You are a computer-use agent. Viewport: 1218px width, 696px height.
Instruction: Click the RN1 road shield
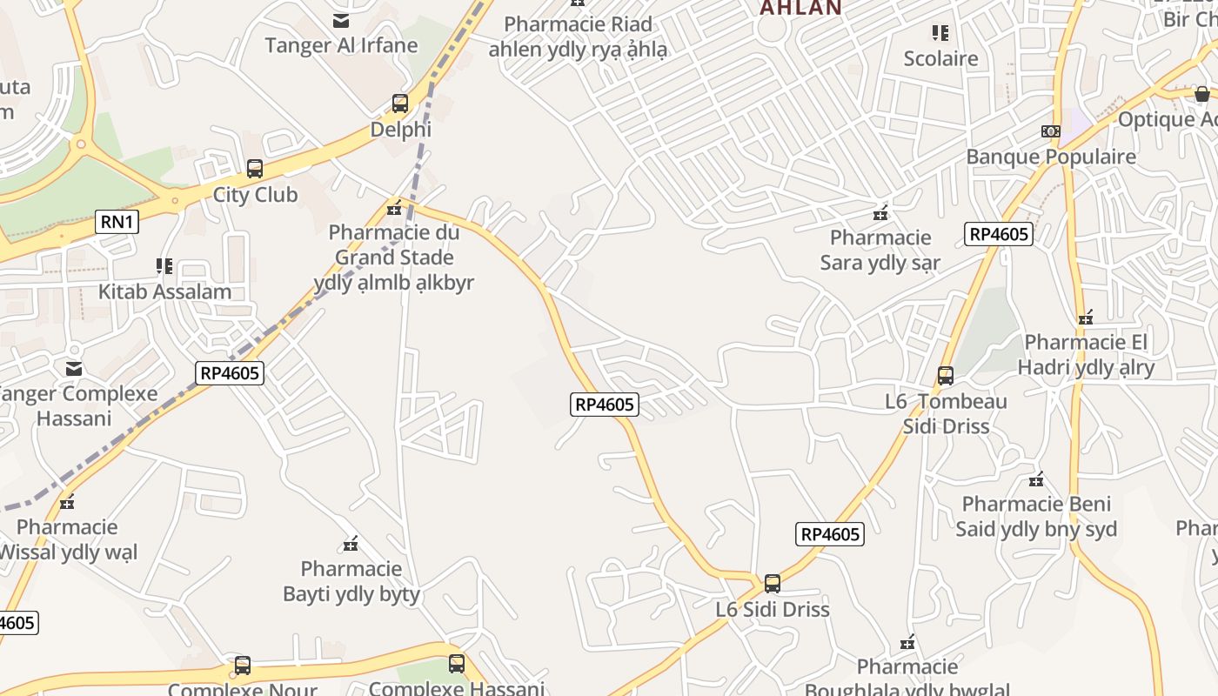point(117,222)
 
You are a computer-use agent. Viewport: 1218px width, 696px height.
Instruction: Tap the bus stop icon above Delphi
point(400,104)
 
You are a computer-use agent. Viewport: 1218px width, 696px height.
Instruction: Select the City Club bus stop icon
point(255,169)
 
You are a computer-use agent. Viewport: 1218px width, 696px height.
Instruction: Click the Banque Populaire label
point(1051,157)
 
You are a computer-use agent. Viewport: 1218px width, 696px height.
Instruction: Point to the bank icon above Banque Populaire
point(1050,131)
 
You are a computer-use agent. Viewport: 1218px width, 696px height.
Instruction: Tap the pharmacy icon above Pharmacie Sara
point(880,212)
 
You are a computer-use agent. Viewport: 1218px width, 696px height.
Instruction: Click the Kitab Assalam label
point(164,291)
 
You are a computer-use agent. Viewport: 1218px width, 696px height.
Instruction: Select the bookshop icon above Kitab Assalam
point(164,265)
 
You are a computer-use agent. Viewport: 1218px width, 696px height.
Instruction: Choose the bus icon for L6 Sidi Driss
point(772,584)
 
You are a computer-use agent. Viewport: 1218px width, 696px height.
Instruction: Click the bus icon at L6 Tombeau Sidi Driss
point(946,376)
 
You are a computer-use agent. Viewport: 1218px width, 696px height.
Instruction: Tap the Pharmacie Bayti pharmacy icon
point(351,545)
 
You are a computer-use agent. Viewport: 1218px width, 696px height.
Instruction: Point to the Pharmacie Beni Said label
point(1035,517)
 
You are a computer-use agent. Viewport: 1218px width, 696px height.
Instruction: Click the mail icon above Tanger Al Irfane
point(341,20)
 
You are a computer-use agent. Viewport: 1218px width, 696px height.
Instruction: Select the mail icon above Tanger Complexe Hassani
point(74,369)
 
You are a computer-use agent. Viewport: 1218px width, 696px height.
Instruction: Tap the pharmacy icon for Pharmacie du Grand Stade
point(394,207)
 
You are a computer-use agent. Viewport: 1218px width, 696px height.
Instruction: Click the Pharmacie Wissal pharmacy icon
point(67,502)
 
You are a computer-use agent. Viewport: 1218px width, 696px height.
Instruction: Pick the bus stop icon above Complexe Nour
point(243,666)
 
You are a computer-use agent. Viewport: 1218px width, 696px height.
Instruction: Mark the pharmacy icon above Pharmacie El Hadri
point(1085,318)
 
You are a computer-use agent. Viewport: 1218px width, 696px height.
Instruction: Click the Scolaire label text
point(940,59)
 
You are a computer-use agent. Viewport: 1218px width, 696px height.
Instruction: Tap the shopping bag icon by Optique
point(1202,94)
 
